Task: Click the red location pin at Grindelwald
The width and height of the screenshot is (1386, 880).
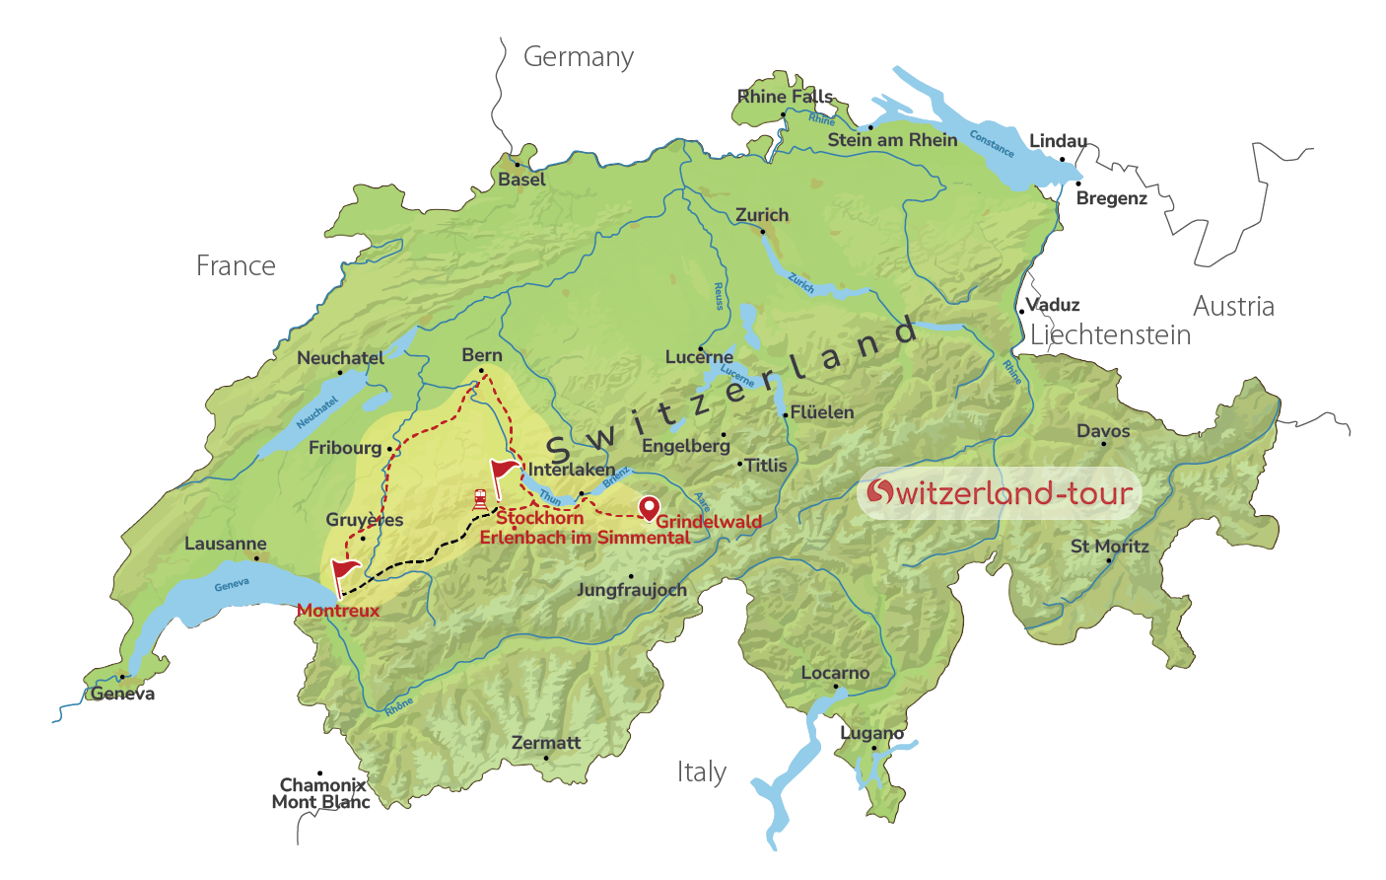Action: tap(649, 507)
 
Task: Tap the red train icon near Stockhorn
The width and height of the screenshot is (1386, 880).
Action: tap(480, 498)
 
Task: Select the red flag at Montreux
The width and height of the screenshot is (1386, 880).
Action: tap(345, 571)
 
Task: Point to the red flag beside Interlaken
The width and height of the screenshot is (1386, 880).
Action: tap(503, 471)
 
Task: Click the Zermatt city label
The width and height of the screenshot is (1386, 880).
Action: tap(546, 743)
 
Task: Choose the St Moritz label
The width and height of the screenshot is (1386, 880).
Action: tap(1109, 547)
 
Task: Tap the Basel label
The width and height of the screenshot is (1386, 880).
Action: tap(521, 180)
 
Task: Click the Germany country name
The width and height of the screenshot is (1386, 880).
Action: tap(578, 57)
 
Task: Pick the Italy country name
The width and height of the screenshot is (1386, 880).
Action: tap(702, 771)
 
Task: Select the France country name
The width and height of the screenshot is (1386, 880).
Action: tap(236, 265)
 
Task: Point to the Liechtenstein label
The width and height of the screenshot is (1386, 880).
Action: tap(1110, 335)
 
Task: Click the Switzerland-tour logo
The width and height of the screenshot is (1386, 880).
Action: tap(1000, 492)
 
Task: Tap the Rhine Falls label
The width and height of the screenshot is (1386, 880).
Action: tap(786, 97)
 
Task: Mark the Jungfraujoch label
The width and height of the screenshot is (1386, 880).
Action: tap(632, 590)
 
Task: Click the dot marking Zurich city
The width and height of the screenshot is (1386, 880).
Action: tap(762, 232)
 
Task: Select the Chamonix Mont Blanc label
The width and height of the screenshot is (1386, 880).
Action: tap(321, 793)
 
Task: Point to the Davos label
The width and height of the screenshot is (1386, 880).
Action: tap(1103, 431)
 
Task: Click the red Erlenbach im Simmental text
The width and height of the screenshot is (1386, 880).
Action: tap(585, 538)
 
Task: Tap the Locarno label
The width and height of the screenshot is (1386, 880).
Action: tap(835, 673)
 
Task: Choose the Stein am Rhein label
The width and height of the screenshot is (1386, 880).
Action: tap(892, 140)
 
